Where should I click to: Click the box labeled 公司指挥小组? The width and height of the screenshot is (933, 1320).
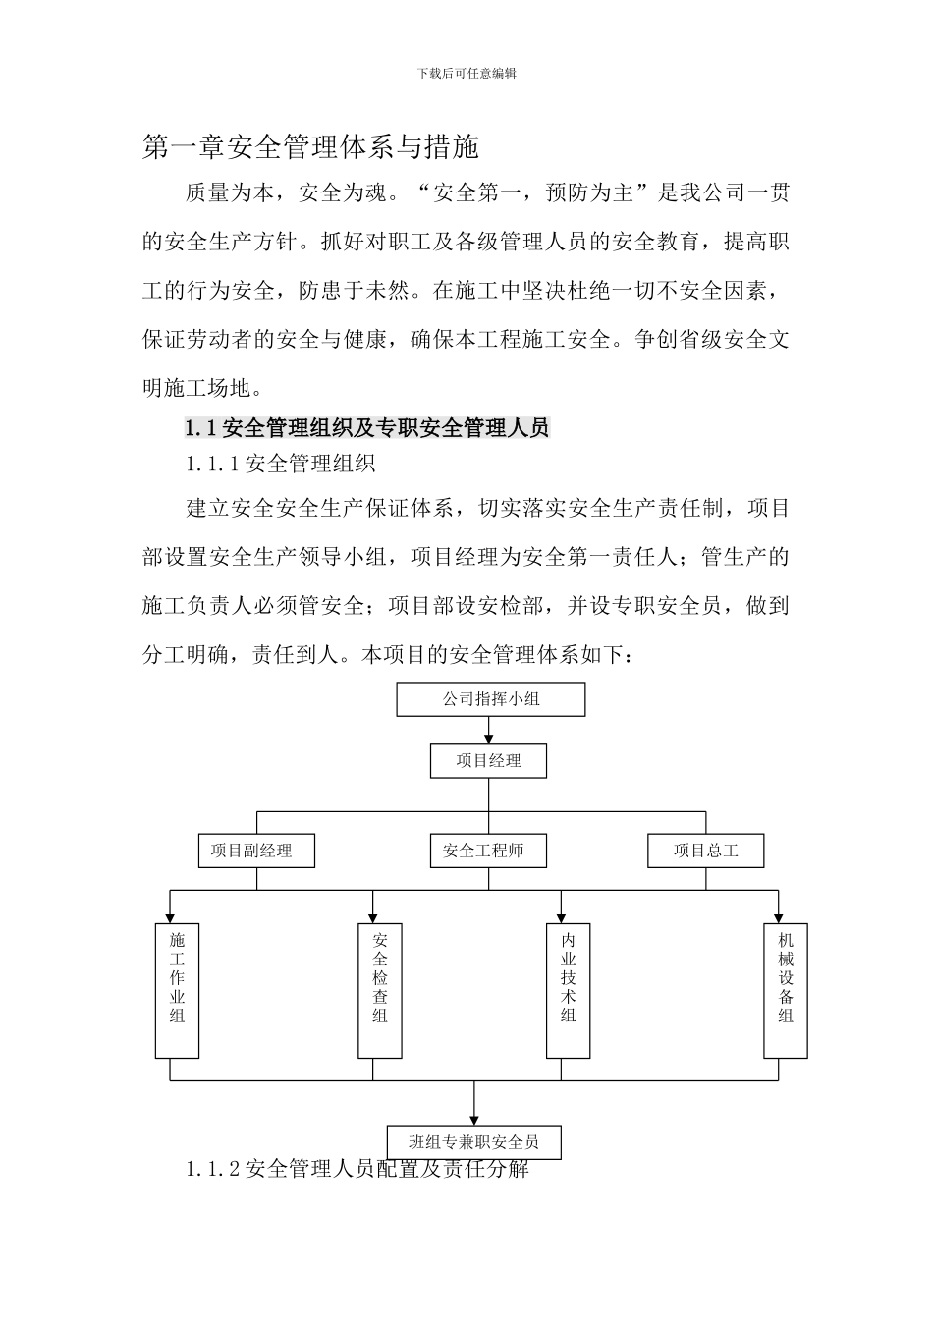(490, 699)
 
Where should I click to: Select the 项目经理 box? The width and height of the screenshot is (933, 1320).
(488, 760)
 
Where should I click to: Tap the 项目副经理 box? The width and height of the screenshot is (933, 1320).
(256, 851)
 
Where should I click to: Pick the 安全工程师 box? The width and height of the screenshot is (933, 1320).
(488, 851)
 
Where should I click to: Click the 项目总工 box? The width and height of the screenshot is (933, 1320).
(705, 851)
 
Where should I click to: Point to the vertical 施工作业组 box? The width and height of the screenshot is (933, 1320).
(177, 990)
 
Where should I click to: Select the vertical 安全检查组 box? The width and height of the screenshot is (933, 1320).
(379, 990)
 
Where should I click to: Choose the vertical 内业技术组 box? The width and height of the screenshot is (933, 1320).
(569, 990)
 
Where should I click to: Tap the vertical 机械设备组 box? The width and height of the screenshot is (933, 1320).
(786, 990)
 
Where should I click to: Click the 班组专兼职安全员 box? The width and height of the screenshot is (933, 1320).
(475, 1141)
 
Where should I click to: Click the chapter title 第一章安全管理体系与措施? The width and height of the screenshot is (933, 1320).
(310, 147)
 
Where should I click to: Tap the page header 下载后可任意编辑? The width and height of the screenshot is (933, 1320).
(466, 74)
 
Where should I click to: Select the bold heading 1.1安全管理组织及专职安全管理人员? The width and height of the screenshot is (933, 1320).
(367, 428)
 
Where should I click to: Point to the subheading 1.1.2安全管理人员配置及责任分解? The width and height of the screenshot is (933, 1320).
(357, 1169)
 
